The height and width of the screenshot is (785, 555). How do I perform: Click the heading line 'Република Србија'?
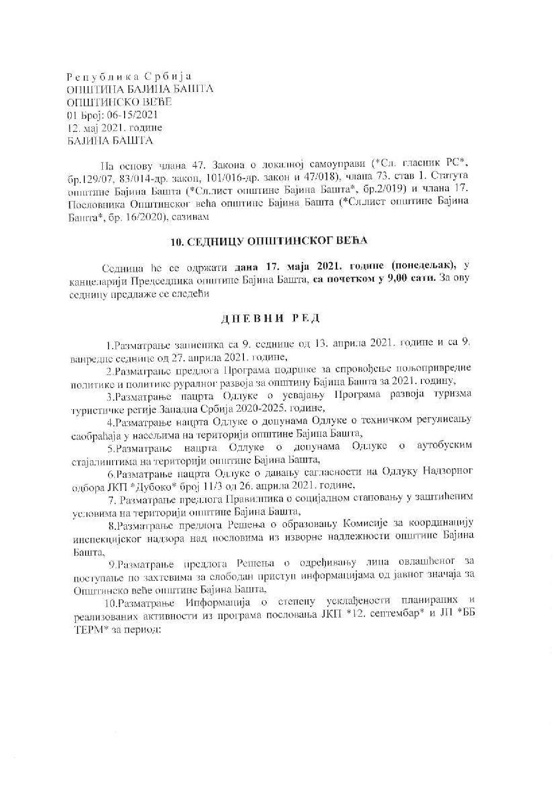[x=129, y=76]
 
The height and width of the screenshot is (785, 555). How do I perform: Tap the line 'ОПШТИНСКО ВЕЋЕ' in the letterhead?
[x=119, y=102]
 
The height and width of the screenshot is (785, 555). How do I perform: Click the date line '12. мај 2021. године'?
[x=114, y=128]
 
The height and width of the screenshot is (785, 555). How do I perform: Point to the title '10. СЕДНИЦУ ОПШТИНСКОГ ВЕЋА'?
[x=269, y=241]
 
